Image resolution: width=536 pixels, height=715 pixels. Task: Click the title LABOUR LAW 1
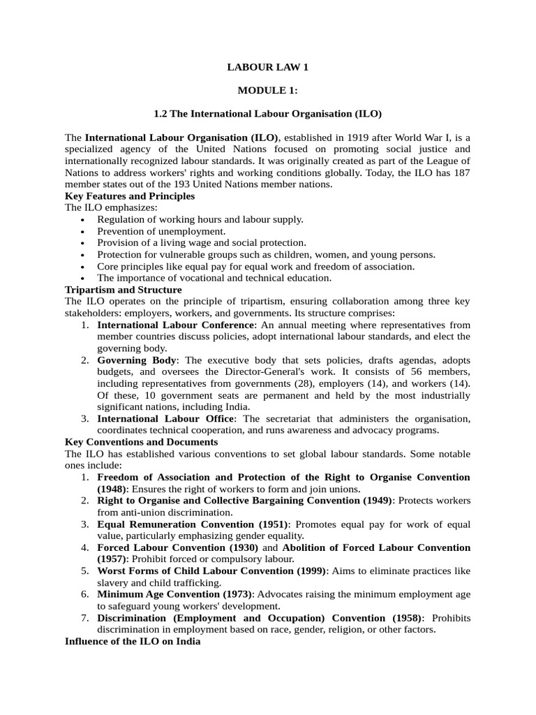click(x=267, y=67)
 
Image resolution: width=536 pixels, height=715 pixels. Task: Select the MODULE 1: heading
click(x=267, y=90)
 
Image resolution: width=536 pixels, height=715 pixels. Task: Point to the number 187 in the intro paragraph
click(x=461, y=172)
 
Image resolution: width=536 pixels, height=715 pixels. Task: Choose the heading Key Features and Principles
click(x=130, y=196)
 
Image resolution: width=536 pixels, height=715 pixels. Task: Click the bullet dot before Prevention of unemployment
click(x=82, y=231)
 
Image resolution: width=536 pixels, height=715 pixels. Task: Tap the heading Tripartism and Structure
click(x=123, y=289)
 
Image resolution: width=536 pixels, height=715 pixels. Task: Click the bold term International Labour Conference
click(x=176, y=325)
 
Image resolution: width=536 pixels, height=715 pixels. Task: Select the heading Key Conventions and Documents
click(x=141, y=442)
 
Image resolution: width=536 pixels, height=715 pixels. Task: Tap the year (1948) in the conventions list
click(x=114, y=489)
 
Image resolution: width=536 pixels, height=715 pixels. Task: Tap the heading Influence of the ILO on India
click(x=133, y=641)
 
